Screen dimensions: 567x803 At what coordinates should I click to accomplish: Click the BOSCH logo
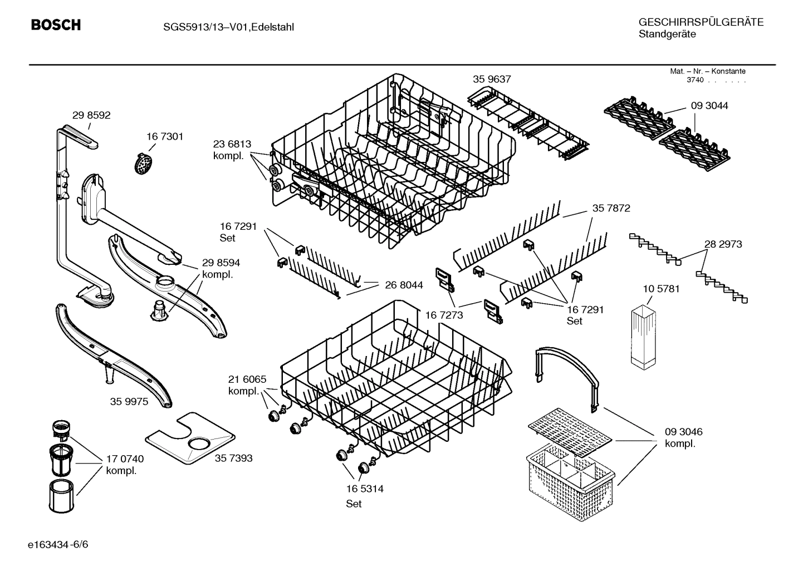click(x=56, y=25)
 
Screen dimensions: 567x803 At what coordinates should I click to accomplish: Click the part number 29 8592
click(x=91, y=116)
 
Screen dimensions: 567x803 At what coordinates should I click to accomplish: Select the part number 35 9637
click(x=492, y=80)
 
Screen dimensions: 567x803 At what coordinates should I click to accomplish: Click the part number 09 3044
click(x=709, y=106)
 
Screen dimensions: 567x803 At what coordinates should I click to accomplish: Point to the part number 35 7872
click(x=611, y=209)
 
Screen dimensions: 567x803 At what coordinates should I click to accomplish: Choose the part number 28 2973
click(x=723, y=244)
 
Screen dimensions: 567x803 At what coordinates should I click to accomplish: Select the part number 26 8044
click(x=404, y=285)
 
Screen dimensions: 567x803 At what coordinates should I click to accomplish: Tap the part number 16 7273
click(x=444, y=315)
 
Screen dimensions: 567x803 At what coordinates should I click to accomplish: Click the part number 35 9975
click(x=129, y=402)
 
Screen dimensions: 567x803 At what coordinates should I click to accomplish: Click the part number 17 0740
click(x=125, y=459)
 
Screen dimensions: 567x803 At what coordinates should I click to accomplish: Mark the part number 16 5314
click(x=365, y=489)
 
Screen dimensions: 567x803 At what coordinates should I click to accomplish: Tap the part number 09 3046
click(x=683, y=432)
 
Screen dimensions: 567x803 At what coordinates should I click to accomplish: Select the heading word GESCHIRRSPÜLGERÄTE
click(x=701, y=22)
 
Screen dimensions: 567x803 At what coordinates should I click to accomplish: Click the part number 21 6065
click(x=247, y=379)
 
